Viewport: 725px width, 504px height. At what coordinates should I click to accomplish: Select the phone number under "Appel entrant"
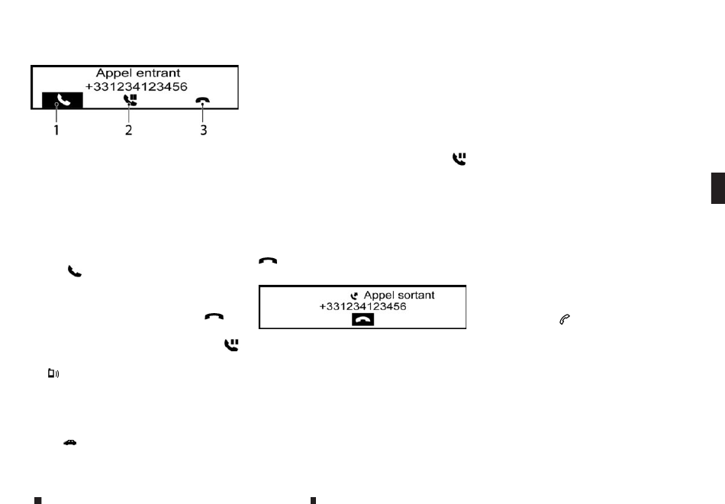[136, 87]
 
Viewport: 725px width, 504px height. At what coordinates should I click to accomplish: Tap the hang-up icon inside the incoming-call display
[202, 100]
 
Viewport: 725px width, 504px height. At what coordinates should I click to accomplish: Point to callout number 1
[55, 130]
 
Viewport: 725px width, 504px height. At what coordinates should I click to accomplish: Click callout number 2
[128, 130]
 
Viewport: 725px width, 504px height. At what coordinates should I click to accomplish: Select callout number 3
[202, 130]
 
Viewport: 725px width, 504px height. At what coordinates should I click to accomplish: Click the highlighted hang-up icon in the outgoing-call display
[363, 321]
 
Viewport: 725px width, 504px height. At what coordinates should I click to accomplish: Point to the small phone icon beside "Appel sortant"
[353, 296]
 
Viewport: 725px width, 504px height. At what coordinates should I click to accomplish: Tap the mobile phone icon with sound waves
[53, 373]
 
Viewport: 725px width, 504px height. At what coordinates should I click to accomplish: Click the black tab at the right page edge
[717, 188]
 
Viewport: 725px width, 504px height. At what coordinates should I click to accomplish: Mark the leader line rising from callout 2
[128, 115]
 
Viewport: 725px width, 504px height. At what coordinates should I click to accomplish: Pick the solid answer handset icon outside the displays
[74, 270]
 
